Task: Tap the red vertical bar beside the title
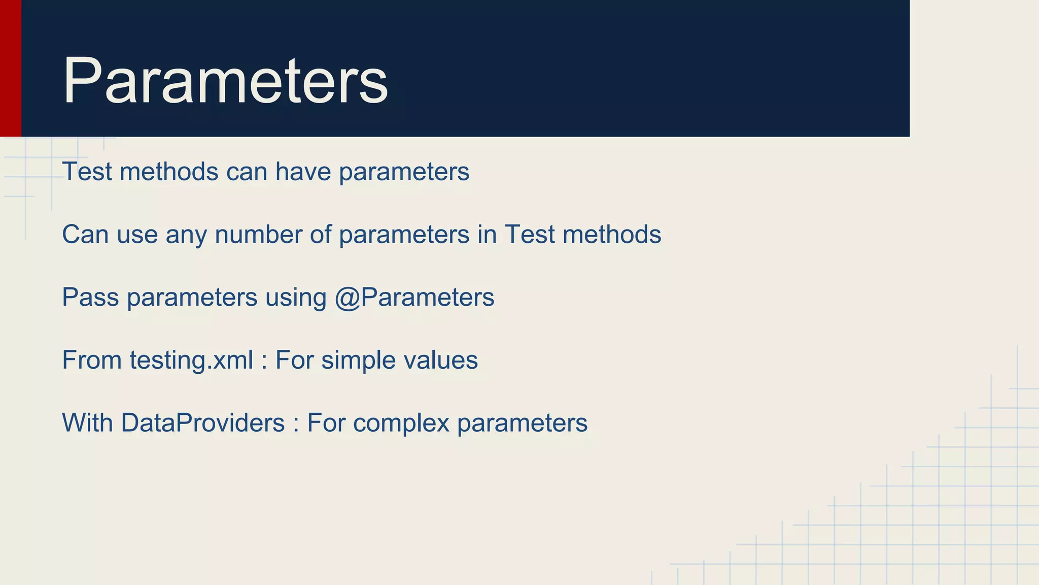coord(10,68)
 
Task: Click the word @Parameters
coord(414,298)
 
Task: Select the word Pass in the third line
coord(90,298)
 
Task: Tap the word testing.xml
coord(191,361)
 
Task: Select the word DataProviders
coord(202,423)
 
